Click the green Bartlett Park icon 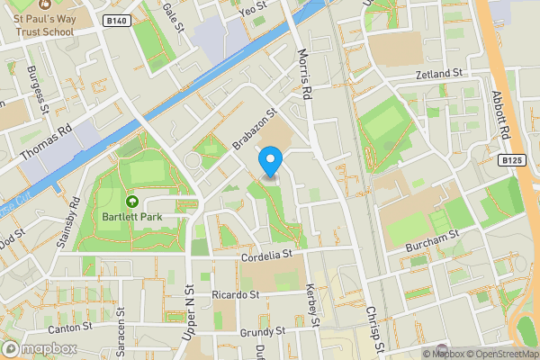(132, 202)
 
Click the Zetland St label (438, 73)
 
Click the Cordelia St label (269, 256)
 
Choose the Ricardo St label (235, 294)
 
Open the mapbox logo (38, 348)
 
